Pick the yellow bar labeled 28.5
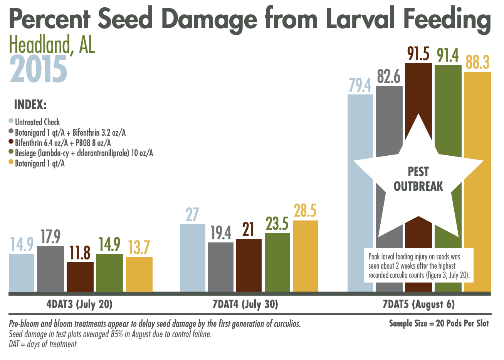306,256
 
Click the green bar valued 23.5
277,262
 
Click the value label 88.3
477,62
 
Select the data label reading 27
192,215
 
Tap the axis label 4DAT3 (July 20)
79,304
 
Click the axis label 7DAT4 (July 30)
245,304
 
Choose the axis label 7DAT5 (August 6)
418,304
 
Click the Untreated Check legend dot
11,121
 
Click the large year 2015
38,69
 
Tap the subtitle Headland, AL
52,45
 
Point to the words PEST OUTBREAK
418,179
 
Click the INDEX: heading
30,105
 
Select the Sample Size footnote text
438,323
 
